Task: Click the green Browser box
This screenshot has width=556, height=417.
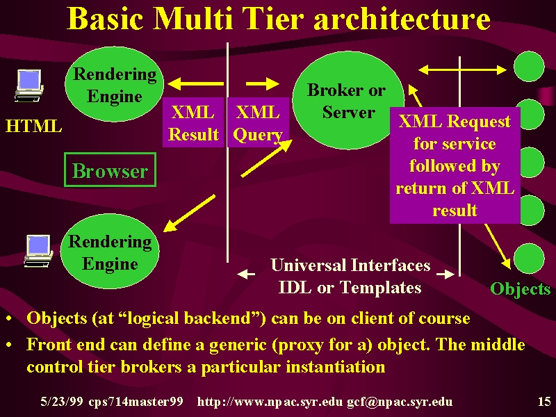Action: click(111, 170)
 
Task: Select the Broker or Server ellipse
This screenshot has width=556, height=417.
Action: click(348, 100)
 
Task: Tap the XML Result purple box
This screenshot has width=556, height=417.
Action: click(193, 122)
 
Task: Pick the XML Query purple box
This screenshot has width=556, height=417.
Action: click(258, 122)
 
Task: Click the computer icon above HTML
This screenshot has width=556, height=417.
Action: click(28, 85)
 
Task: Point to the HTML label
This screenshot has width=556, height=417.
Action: click(33, 126)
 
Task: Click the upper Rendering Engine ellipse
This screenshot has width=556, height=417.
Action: click(114, 84)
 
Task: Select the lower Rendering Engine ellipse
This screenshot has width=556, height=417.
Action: click(110, 251)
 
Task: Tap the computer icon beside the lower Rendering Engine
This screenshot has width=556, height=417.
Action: click(38, 251)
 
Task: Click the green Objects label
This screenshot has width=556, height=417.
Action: click(520, 288)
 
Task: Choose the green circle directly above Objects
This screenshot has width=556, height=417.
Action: click(529, 259)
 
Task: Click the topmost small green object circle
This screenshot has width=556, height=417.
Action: click(529, 66)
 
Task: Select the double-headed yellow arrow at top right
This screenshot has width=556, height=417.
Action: click(462, 70)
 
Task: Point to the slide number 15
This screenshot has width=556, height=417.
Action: click(544, 402)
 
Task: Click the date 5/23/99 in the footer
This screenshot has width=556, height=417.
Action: click(62, 402)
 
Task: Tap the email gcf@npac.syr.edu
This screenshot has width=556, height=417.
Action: click(400, 402)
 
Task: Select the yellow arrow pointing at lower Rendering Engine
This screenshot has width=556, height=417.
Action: click(189, 213)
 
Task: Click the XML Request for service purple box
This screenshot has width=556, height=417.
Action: click(455, 165)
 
